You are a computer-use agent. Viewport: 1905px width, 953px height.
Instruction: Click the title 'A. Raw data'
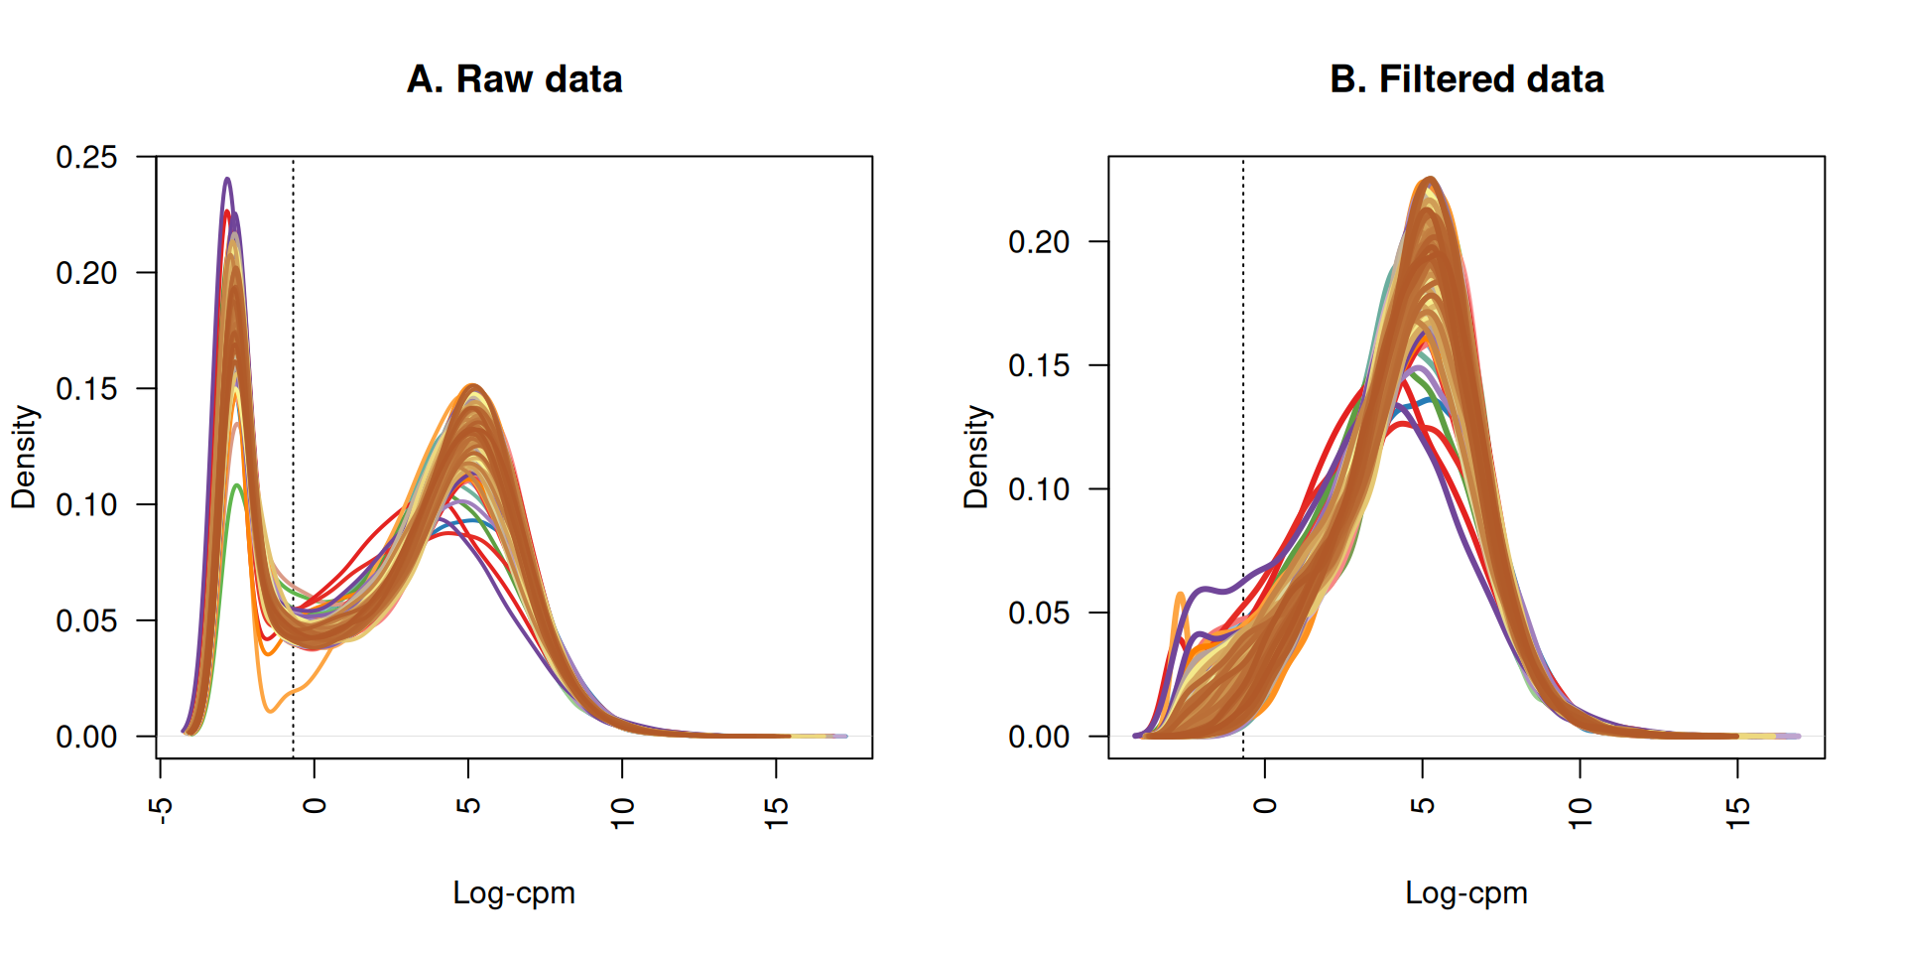514,79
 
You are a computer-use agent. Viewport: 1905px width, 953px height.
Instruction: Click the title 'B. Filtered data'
1466,79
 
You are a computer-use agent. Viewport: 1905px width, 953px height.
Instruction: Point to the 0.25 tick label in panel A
86,157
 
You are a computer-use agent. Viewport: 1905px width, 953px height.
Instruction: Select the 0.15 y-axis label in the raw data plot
86,389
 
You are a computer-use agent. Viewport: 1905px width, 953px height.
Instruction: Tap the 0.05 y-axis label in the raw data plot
86,621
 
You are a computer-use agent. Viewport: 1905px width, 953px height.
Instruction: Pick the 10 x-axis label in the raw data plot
623,813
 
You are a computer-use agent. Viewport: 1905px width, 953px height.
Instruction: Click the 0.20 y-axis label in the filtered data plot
1039,242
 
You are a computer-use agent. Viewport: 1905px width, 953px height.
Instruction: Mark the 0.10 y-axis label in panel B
1039,489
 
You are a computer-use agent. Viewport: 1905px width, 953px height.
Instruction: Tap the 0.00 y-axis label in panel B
1039,737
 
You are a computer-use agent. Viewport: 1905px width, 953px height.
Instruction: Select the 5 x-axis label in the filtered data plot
1423,805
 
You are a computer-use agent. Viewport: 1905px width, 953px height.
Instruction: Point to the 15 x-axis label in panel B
1738,813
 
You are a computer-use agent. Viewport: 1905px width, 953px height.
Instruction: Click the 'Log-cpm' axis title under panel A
514,892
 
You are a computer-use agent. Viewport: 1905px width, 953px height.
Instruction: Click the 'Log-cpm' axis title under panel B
1466,892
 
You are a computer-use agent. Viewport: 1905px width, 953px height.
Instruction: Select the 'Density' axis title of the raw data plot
24,457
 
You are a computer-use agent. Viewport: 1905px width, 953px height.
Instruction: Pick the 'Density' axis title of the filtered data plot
976,457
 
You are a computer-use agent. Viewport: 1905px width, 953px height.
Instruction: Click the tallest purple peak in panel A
227,180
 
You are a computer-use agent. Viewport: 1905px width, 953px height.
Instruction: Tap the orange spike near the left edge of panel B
1180,595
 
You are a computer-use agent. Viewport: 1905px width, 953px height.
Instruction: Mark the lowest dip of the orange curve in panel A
270,711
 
